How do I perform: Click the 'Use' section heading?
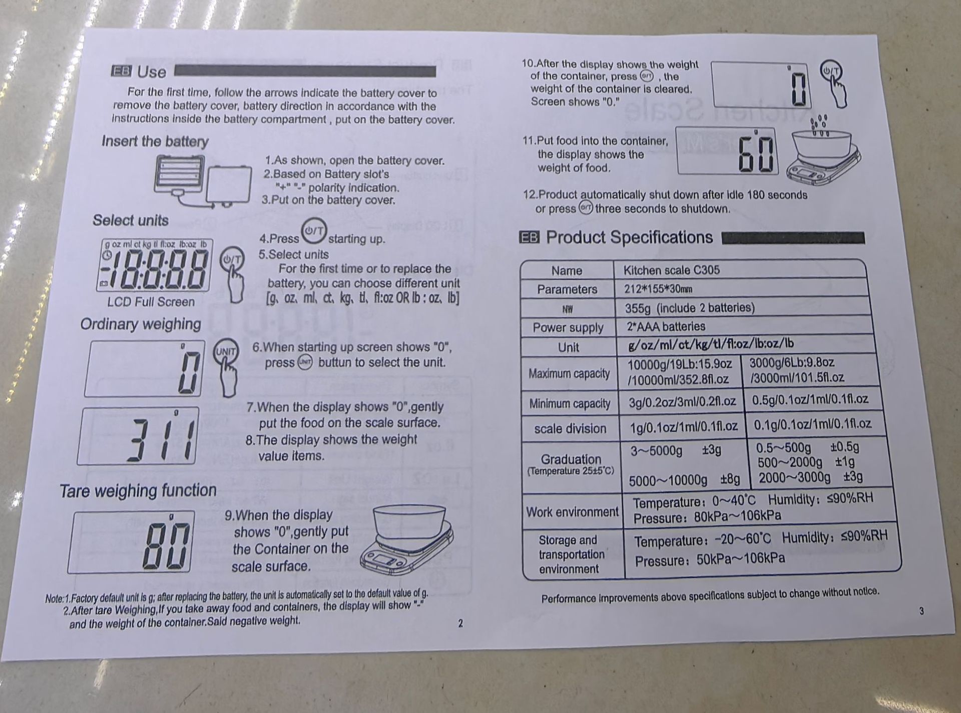click(152, 72)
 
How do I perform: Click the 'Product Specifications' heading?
click(629, 237)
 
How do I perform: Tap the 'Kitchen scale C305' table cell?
click(671, 270)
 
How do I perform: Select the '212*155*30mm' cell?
click(658, 289)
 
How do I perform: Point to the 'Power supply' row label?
click(568, 328)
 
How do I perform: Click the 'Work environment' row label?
click(572, 512)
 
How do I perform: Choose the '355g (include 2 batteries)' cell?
click(690, 308)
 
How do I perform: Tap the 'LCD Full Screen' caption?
click(151, 302)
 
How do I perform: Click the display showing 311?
click(138, 436)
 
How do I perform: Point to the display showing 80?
click(131, 542)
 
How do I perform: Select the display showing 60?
click(727, 150)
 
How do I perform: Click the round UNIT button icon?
click(226, 351)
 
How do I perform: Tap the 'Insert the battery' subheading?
click(155, 142)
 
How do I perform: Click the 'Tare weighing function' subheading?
click(138, 491)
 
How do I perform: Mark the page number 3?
click(921, 611)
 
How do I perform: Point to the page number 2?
click(460, 623)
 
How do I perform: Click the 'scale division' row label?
click(570, 429)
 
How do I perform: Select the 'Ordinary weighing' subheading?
click(141, 324)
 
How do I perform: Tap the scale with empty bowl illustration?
click(408, 539)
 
